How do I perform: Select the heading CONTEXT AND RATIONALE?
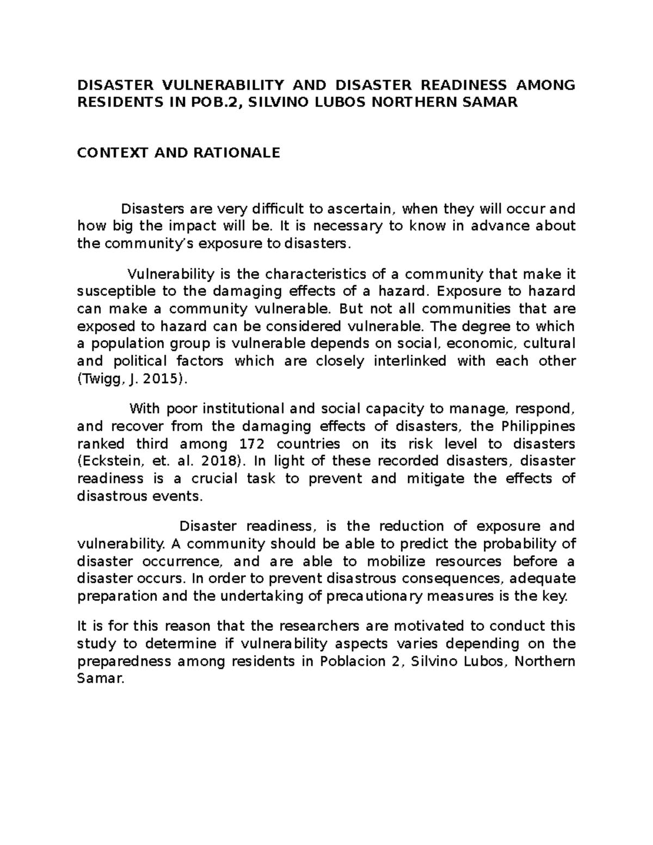pos(178,153)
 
